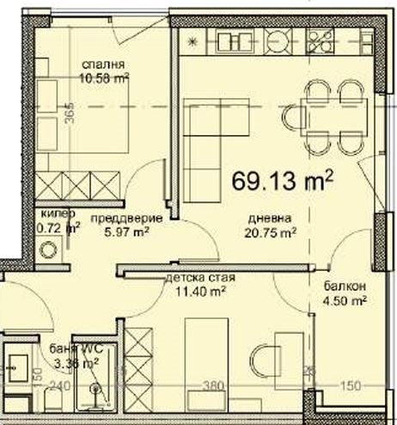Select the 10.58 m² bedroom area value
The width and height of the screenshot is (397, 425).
(x=104, y=78)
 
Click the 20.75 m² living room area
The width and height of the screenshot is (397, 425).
(x=271, y=231)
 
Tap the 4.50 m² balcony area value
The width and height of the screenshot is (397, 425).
(x=345, y=300)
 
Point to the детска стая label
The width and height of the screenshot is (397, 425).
(x=199, y=279)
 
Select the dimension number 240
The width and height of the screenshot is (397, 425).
(x=58, y=386)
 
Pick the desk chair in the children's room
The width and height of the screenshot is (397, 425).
(x=267, y=359)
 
